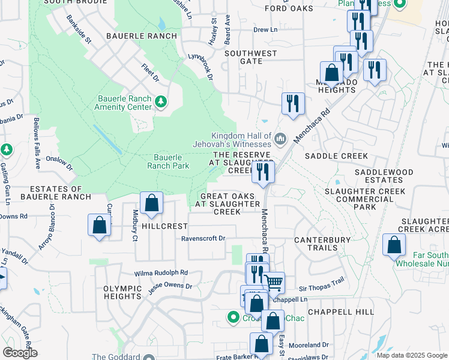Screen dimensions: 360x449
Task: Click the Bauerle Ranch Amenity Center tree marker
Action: pyautogui.click(x=160, y=101)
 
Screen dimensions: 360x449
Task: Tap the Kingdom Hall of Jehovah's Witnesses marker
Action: pyautogui.click(x=280, y=140)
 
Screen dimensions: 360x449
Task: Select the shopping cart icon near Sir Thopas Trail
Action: pyautogui.click(x=274, y=281)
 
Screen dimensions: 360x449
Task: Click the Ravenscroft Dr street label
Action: pyautogui.click(x=203, y=238)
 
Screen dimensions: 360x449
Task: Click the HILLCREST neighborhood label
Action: pyautogui.click(x=165, y=226)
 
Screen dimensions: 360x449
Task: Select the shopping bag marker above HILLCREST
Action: pyautogui.click(x=152, y=202)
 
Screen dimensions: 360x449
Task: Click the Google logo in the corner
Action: pyautogui.click(x=20, y=353)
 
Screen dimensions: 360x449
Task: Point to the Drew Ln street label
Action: pyautogui.click(x=265, y=29)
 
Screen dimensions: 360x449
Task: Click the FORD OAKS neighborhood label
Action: pyautogui.click(x=289, y=8)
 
